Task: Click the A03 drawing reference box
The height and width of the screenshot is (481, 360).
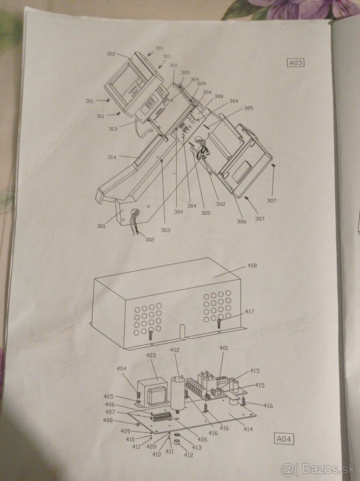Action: click(x=296, y=63)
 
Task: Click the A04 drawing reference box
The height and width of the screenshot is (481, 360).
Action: click(x=284, y=439)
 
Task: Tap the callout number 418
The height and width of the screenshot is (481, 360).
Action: click(x=252, y=265)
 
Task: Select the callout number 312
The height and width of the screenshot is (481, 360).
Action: click(x=111, y=54)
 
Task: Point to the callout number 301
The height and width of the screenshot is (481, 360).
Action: click(x=101, y=226)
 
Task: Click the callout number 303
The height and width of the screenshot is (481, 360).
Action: click(x=166, y=230)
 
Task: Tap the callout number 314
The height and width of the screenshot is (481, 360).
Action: click(x=111, y=158)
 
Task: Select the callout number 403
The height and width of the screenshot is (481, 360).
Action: click(x=151, y=355)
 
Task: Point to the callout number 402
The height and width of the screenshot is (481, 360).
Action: click(x=175, y=350)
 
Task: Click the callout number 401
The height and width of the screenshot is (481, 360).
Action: click(x=224, y=348)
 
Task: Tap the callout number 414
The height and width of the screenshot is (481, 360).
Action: click(x=248, y=429)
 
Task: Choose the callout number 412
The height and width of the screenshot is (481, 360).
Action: click(x=188, y=455)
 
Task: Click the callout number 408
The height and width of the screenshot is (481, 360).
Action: click(x=119, y=421)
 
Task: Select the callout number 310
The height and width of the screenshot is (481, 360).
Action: click(x=173, y=65)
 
